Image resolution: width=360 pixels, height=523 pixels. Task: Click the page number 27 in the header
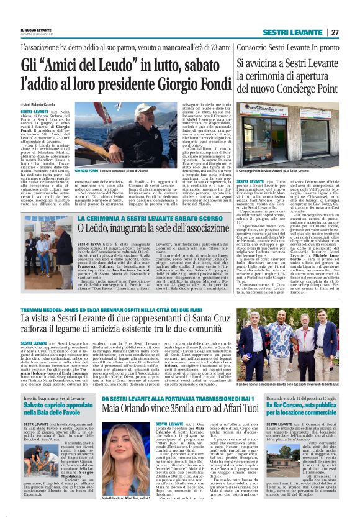pyautogui.click(x=335, y=32)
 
